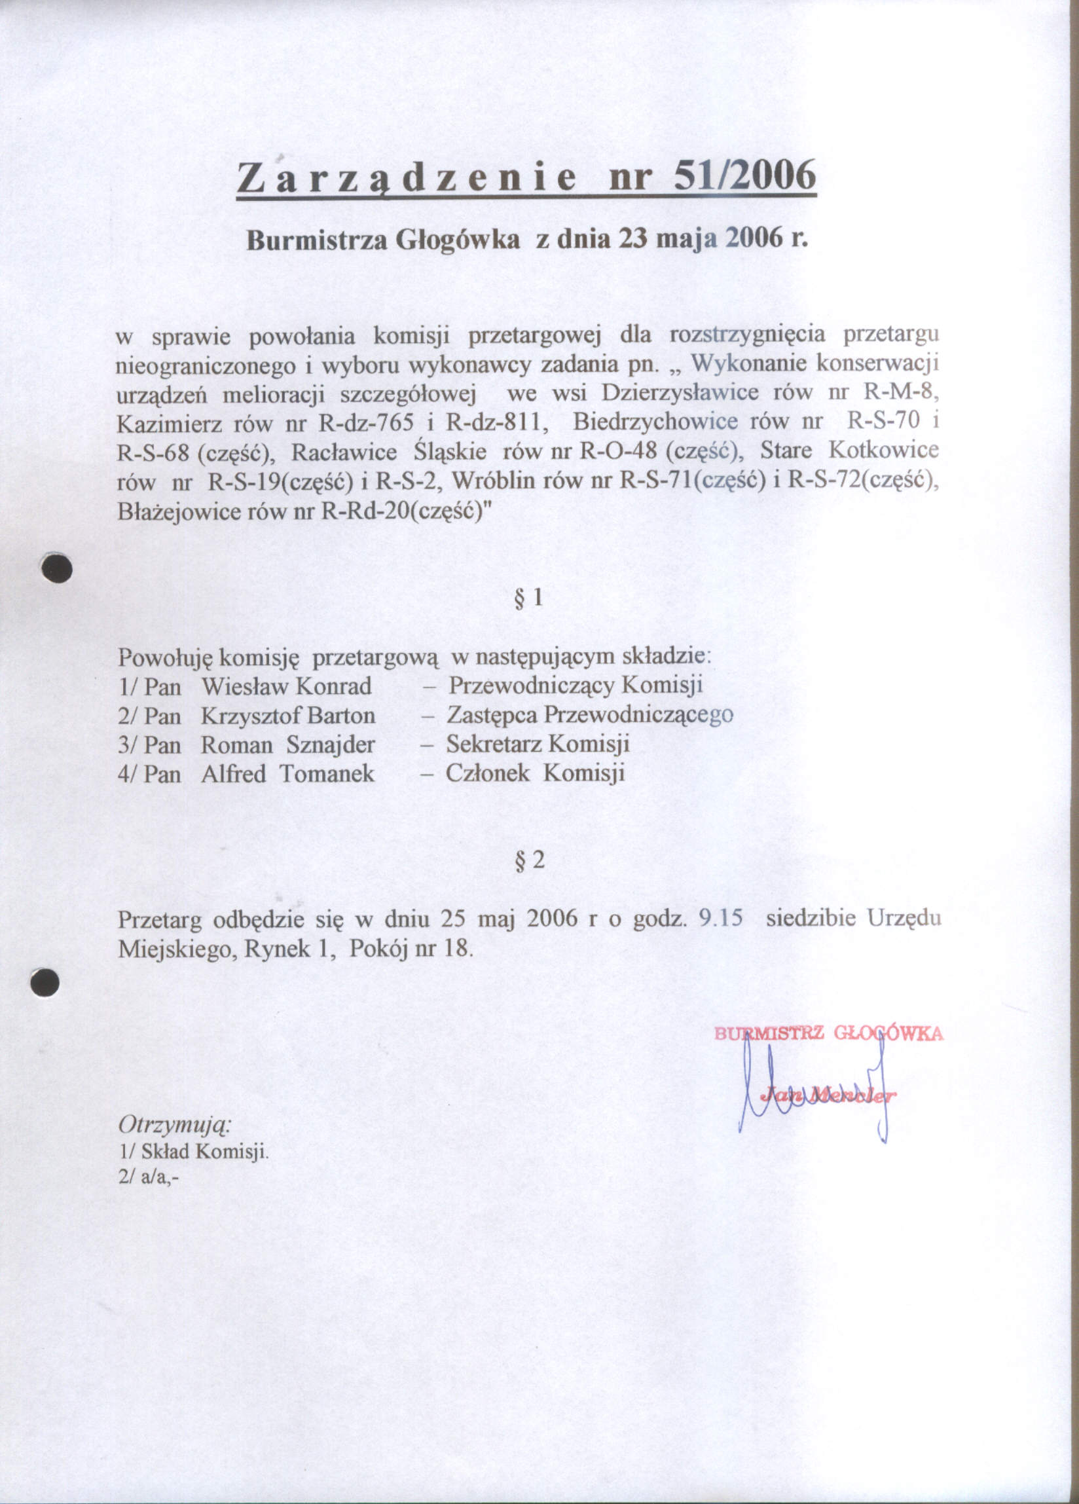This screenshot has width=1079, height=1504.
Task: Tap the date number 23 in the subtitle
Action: pyautogui.click(x=633, y=239)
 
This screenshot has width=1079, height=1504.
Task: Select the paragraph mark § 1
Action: pyautogui.click(x=528, y=599)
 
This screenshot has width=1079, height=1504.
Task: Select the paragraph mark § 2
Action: pyautogui.click(x=529, y=860)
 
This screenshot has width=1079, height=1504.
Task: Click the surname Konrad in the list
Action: pyautogui.click(x=333, y=686)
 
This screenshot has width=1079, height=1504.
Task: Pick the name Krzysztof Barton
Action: pyautogui.click(x=288, y=716)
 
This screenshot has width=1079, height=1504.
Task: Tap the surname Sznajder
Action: pyautogui.click(x=330, y=744)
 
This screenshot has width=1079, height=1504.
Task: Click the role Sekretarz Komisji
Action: pyautogui.click(x=537, y=744)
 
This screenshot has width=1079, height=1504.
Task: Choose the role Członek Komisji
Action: pyautogui.click(x=535, y=773)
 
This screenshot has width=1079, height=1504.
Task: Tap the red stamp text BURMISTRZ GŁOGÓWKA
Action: pyautogui.click(x=828, y=1033)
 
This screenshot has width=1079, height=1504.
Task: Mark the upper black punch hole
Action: pyautogui.click(x=56, y=568)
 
